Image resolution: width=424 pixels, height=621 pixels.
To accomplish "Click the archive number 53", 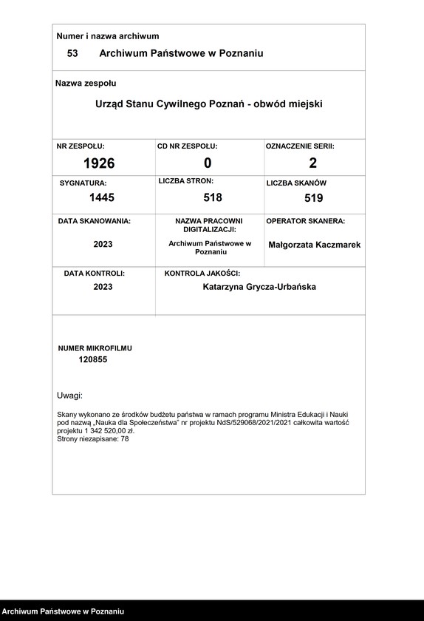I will tap(72, 54).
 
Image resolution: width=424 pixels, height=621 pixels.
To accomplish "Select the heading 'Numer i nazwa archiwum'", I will tap(108, 36).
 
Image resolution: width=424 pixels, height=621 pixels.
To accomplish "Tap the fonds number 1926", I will tap(99, 163).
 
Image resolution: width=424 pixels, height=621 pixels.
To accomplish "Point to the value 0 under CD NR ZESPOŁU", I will tap(208, 163).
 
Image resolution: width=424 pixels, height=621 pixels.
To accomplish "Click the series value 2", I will tap(313, 163).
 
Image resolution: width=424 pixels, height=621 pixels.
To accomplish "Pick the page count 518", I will tap(213, 197).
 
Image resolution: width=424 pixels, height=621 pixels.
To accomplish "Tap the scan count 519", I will tap(314, 198).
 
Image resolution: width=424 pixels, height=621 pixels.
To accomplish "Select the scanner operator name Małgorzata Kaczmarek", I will tap(315, 245).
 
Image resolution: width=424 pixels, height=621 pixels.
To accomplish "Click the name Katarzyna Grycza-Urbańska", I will tap(259, 287).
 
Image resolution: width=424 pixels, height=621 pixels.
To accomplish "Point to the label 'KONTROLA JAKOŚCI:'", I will tap(202, 274).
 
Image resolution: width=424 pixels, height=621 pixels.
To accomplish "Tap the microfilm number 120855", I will tap(93, 359).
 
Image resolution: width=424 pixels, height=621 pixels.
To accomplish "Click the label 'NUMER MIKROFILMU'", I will tap(95, 347).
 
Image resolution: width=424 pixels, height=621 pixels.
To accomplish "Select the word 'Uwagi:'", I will tap(70, 396).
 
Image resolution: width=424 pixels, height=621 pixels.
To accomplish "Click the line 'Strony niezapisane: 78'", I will tap(92, 439).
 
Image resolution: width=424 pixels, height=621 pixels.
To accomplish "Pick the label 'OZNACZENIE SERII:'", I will tap(300, 146).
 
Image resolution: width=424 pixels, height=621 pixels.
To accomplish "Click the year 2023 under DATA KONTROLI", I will tap(103, 287).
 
